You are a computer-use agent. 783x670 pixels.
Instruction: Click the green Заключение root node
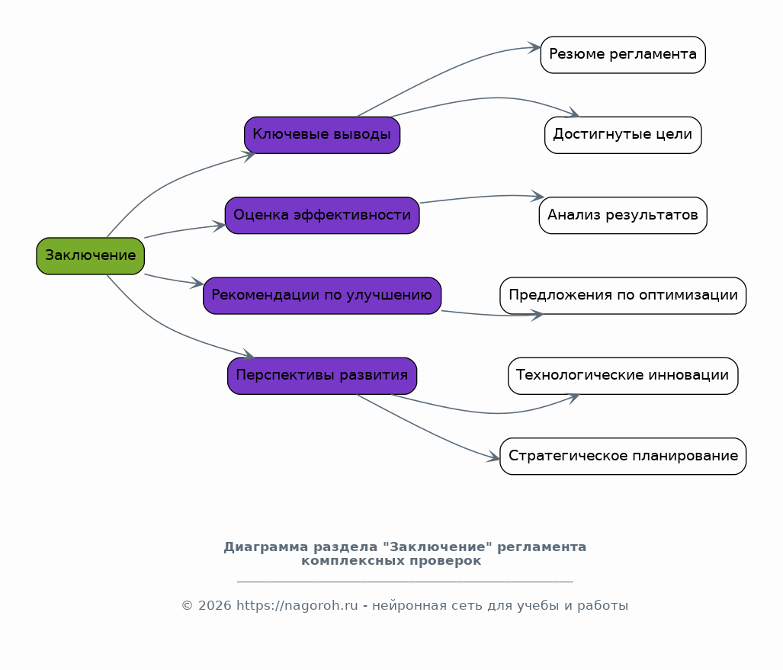click(91, 256)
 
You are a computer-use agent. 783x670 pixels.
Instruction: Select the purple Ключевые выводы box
click(322, 136)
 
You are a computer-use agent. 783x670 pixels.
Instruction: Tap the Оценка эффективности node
click(322, 215)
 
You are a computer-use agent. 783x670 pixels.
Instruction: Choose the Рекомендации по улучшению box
click(322, 296)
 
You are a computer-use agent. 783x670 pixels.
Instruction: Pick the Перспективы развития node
click(322, 376)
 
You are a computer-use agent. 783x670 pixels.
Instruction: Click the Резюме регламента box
click(623, 55)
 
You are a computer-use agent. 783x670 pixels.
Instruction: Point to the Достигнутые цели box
click(623, 136)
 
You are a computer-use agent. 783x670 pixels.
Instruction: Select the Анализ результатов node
click(623, 215)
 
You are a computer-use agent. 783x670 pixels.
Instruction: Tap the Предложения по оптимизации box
click(623, 296)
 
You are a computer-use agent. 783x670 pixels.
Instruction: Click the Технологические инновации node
click(623, 376)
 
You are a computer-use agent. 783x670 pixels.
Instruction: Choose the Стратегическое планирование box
click(623, 457)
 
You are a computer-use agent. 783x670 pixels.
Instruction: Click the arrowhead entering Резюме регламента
click(534, 48)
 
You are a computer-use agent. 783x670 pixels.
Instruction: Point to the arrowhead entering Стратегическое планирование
click(493, 457)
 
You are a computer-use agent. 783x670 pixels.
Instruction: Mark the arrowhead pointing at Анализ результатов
click(538, 196)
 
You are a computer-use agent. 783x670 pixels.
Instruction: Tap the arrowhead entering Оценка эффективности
click(220, 226)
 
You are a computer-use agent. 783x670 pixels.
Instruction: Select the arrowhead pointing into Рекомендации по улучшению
click(197, 283)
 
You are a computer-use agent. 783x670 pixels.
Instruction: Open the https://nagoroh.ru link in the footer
click(297, 606)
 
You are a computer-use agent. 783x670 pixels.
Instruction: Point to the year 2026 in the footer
click(215, 606)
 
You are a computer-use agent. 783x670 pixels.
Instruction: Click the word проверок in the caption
click(445, 561)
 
